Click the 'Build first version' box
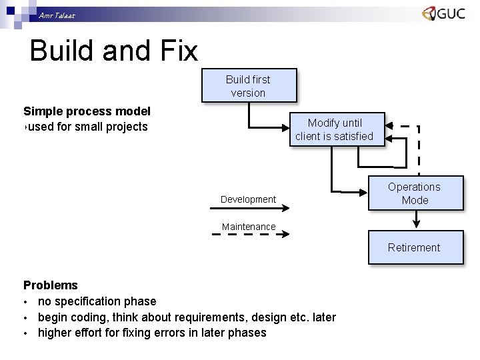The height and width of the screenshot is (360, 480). point(249,86)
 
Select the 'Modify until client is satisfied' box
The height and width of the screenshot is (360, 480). point(334,129)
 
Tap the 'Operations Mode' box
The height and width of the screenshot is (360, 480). point(414,193)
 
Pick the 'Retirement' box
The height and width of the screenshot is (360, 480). point(414,247)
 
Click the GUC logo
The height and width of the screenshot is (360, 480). point(443,14)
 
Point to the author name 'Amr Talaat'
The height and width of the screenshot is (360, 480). point(57,15)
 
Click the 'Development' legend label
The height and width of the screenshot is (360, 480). point(248,199)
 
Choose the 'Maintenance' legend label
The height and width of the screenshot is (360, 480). point(248,227)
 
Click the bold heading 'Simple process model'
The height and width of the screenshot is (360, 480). point(87,111)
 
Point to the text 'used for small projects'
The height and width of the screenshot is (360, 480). point(87,127)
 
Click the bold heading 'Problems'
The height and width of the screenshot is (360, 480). point(51,285)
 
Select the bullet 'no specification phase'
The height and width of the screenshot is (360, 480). point(97,301)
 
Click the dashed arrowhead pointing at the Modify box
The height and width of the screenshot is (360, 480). point(392,125)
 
